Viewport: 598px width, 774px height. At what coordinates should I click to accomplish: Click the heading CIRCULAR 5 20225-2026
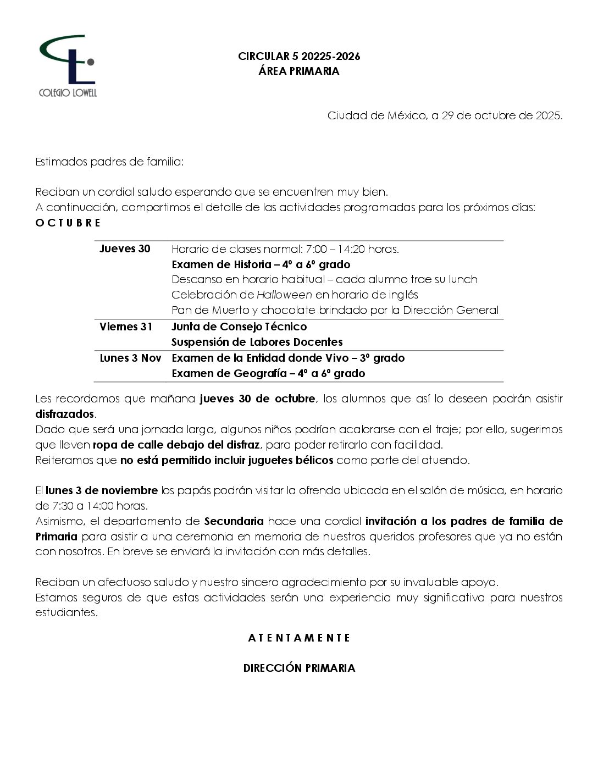tap(299, 56)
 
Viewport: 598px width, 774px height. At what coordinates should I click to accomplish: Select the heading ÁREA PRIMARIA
tap(299, 71)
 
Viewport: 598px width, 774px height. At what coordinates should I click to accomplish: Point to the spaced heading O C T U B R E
tap(68, 223)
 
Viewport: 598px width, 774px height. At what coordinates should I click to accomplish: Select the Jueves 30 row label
tap(125, 248)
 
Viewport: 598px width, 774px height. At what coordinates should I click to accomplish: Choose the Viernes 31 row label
tap(126, 327)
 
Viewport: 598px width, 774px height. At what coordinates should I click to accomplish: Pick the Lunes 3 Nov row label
tap(130, 358)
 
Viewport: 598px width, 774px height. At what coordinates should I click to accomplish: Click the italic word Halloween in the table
tap(284, 295)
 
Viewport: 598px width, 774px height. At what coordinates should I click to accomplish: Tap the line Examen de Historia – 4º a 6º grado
tap(261, 264)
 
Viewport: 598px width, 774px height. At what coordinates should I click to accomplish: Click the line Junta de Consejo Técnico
tap(239, 327)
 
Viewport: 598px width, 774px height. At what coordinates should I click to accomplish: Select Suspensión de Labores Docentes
tap(257, 342)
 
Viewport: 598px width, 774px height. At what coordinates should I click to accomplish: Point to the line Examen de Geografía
tap(268, 373)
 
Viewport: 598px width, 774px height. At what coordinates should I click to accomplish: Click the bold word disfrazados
tap(65, 413)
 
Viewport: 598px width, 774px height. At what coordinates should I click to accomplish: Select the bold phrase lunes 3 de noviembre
tap(102, 490)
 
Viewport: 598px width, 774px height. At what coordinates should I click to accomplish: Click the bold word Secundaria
tap(234, 521)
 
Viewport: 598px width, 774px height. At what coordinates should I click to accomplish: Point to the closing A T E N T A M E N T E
tap(299, 638)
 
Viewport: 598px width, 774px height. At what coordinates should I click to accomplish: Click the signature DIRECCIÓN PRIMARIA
tap(299, 668)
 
